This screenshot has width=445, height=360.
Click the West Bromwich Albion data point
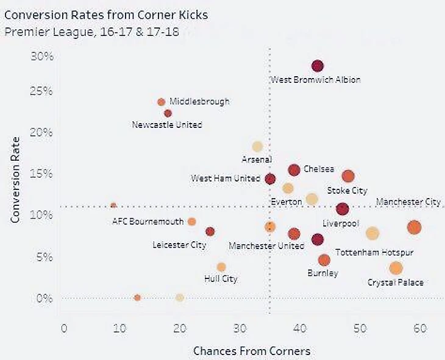(317, 66)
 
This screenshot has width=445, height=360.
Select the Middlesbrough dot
(162, 102)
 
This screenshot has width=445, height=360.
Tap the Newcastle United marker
(168, 113)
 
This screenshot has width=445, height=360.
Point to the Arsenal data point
(257, 146)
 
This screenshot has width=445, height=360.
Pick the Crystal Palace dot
(396, 268)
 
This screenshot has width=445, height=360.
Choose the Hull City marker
(221, 267)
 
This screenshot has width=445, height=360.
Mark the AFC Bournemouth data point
(191, 222)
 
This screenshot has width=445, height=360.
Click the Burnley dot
(324, 260)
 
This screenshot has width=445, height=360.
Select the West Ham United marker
(270, 179)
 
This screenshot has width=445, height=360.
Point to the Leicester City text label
(179, 245)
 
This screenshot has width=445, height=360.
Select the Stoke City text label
(347, 191)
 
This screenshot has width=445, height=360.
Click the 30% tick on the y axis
(42, 56)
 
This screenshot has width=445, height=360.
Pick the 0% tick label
(44, 298)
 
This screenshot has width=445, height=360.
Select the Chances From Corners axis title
(252, 351)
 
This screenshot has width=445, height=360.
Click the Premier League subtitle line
(91, 32)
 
